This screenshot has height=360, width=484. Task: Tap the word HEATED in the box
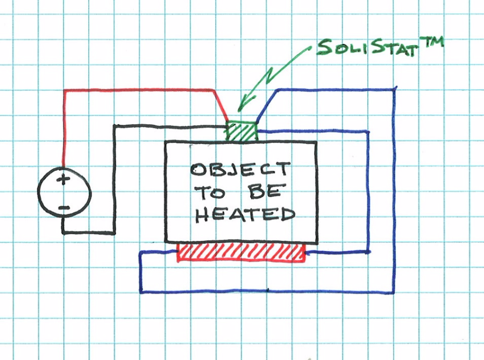pyautogui.click(x=245, y=214)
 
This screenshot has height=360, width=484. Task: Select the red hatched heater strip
pyautogui.click(x=241, y=252)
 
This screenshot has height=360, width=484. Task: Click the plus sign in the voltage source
pyautogui.click(x=63, y=179)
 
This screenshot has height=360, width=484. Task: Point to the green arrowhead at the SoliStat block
pyautogui.click(x=243, y=102)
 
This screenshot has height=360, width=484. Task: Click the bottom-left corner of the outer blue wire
pyautogui.click(x=141, y=292)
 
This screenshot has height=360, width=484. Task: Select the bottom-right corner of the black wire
pyautogui.click(x=114, y=233)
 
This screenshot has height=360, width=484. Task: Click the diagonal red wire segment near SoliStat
pyautogui.click(x=220, y=105)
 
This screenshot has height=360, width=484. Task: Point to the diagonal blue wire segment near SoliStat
pyautogui.click(x=267, y=105)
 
